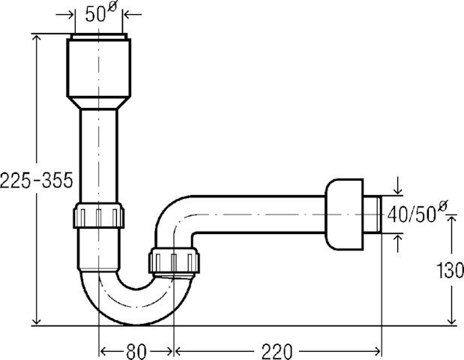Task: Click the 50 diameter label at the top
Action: pos(101,13)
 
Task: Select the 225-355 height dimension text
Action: pos(37,180)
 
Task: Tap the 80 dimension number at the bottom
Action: pos(136,352)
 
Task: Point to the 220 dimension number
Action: pos(277,352)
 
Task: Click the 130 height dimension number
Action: pos(450,270)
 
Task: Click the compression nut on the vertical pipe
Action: pos(98,215)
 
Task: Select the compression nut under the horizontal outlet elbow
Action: pos(174,260)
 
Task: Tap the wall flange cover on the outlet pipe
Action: pos(344,214)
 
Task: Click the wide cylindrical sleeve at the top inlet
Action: pos(99,67)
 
